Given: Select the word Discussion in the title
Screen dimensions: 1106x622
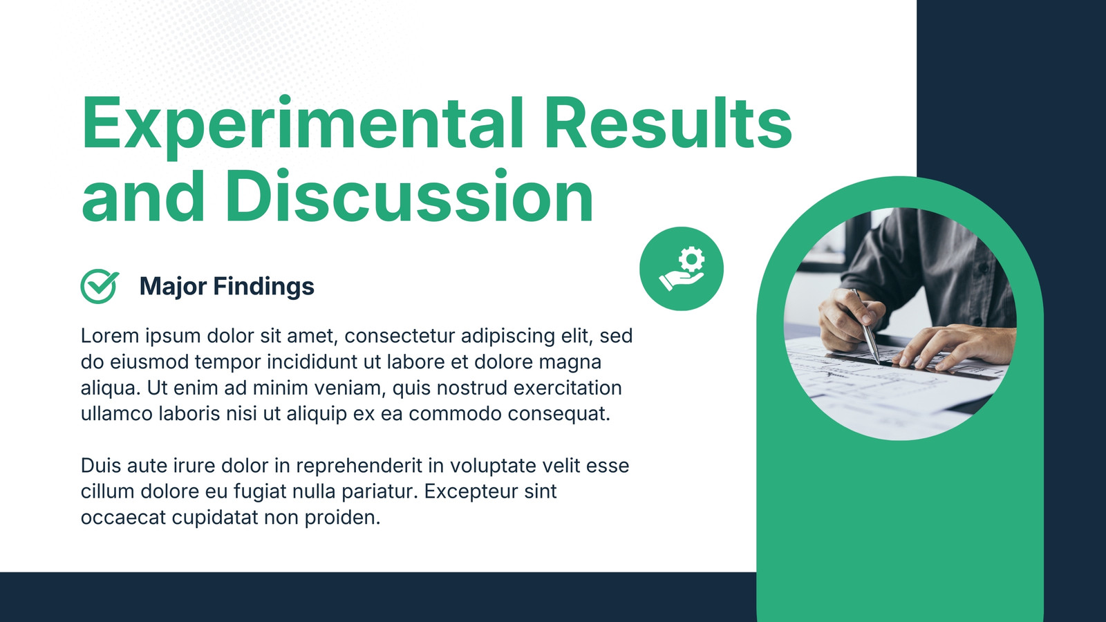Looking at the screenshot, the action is point(409,196).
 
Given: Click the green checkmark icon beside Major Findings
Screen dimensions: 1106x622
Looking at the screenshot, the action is point(100,286).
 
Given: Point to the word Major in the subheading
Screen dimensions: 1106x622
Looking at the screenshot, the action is point(172,287).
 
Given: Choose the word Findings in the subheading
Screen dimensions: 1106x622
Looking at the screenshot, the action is point(263,286).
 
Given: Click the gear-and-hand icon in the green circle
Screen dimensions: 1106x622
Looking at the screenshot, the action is point(682,269).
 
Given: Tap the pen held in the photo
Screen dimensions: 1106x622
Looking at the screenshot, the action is point(866,326).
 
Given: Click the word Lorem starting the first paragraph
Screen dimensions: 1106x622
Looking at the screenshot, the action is point(110,336).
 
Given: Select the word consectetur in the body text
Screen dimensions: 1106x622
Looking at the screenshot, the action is point(400,336).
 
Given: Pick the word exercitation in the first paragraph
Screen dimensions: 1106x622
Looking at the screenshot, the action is point(568,388).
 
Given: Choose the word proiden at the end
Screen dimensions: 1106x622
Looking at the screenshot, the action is point(342,518).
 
